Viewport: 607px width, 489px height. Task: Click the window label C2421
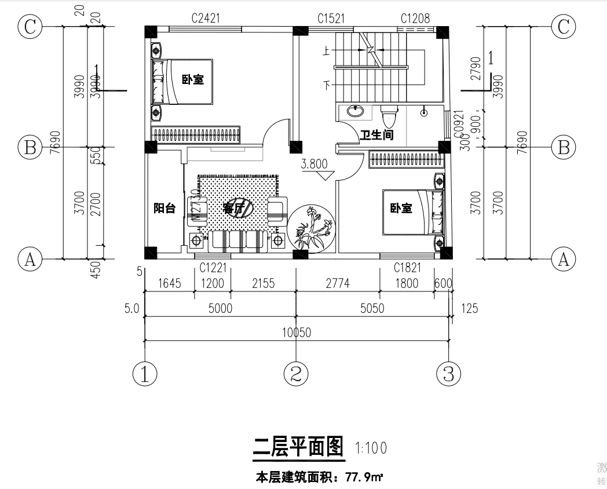[x=206, y=19]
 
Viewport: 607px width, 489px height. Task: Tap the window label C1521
[x=331, y=19]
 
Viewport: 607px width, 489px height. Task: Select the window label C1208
[x=415, y=19]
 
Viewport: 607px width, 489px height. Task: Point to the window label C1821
[x=407, y=268]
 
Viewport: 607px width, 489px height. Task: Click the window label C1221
[x=213, y=268]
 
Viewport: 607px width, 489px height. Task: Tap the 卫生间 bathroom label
[x=377, y=136]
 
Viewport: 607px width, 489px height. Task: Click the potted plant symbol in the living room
[x=312, y=228]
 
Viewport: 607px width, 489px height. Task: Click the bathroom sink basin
[x=354, y=111]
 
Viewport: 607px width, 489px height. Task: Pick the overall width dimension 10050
[x=297, y=333]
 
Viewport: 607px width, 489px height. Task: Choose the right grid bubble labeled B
[x=563, y=147]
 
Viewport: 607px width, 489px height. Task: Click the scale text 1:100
[x=370, y=448]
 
